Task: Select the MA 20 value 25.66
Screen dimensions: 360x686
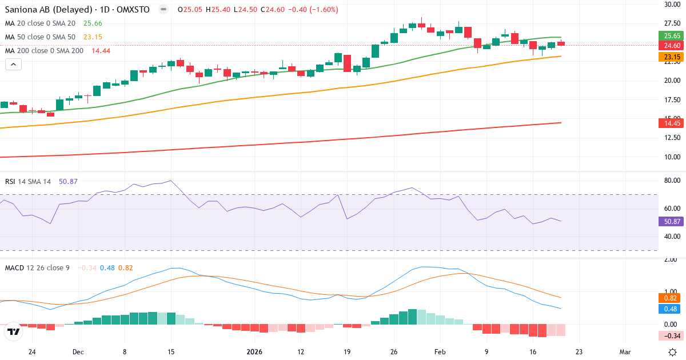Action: [93, 23]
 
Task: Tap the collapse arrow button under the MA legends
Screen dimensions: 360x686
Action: [13, 64]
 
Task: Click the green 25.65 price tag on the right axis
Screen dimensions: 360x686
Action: [672, 35]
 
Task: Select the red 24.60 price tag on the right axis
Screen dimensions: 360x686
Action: [672, 45]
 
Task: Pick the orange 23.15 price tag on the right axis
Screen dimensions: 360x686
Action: [672, 57]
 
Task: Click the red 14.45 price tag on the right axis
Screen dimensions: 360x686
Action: [672, 123]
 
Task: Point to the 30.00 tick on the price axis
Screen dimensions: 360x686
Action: [672, 5]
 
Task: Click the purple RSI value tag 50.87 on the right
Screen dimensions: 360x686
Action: [672, 221]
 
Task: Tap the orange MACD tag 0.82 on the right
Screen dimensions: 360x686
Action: [672, 298]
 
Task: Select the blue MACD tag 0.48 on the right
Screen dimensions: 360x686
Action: [672, 309]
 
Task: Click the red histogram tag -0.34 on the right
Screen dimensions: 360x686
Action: [672, 335]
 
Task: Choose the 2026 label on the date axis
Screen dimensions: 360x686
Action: [254, 352]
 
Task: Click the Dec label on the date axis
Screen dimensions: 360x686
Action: [78, 352]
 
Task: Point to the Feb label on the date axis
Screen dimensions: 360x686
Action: [440, 352]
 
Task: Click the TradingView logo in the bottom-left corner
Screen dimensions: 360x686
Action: [14, 331]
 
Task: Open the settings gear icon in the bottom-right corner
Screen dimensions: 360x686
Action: [673, 352]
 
